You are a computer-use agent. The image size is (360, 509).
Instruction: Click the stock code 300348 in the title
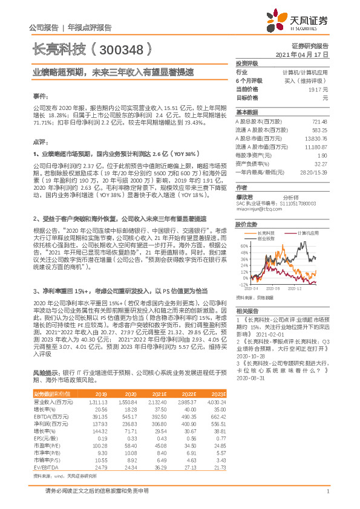(x=123, y=48)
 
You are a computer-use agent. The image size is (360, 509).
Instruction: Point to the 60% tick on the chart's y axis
(x=244, y=247)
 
